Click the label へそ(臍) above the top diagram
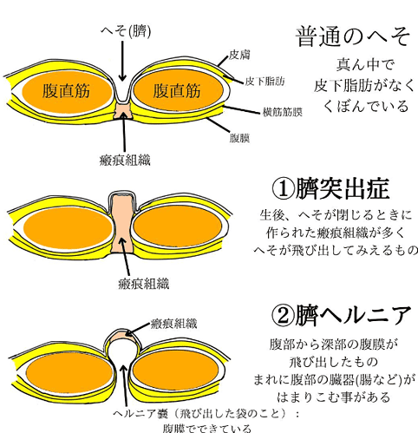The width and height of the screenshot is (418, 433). click(126, 31)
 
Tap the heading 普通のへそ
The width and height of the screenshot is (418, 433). click(353, 37)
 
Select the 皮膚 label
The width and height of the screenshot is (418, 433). click(239, 55)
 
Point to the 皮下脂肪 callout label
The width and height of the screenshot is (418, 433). click(265, 82)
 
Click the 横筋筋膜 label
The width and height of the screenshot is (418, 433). click(283, 112)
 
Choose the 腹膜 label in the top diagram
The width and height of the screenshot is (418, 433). click(239, 138)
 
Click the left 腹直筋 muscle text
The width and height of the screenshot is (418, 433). click(66, 90)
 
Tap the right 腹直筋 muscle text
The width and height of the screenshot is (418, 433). click(177, 90)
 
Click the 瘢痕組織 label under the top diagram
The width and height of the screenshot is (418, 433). click(125, 160)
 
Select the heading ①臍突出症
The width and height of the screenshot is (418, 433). click(330, 189)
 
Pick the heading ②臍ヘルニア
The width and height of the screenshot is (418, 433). click(342, 315)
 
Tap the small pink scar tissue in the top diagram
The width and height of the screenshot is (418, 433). click(123, 111)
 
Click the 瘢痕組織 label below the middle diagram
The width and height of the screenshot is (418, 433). click(144, 284)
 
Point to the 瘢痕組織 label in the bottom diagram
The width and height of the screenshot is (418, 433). click(174, 324)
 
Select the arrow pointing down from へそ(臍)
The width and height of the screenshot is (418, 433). click(122, 61)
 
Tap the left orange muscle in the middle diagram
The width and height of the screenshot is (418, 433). click(68, 228)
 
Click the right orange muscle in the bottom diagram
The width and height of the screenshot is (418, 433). click(175, 371)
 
